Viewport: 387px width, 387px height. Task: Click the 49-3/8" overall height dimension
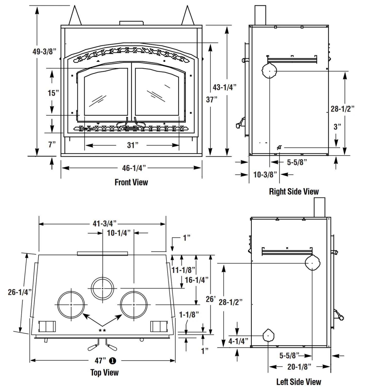tap(44, 51)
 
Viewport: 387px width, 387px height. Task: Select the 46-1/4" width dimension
tap(134, 168)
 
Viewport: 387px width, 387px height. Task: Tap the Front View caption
tap(131, 182)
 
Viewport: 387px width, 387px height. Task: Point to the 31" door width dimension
tap(132, 145)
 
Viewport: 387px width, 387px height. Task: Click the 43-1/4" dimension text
tap(224, 87)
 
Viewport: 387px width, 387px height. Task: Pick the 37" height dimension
tap(212, 100)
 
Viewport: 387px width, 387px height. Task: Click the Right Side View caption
tap(294, 191)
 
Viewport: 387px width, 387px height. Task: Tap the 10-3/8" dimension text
tap(265, 175)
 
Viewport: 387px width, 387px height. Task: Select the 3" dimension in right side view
tap(337, 127)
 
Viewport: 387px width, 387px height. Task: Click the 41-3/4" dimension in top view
tap(104, 223)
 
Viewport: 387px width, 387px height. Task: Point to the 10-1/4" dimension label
tap(119, 233)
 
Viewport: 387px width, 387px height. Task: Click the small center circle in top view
tap(102, 288)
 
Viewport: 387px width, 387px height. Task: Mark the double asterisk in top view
tap(102, 330)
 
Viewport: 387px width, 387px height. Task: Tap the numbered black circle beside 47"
tap(113, 361)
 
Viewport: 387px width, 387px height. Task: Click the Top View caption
tap(104, 373)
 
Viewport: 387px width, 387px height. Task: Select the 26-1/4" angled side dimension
tap(20, 292)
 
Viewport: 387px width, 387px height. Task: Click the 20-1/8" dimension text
tap(299, 367)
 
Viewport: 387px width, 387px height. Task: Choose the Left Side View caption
tap(299, 382)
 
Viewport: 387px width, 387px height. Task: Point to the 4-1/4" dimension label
tap(238, 341)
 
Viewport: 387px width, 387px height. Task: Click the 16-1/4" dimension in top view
tap(197, 280)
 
